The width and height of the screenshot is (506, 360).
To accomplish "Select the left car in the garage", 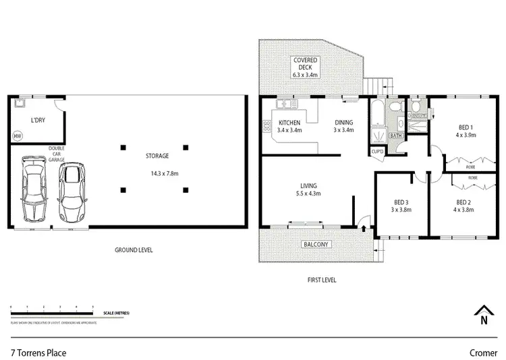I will point(33,189).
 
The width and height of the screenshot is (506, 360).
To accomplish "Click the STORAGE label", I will point(157,156).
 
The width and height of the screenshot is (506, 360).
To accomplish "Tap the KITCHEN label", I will point(290,122).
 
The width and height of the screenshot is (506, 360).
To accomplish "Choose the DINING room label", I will point(343,122).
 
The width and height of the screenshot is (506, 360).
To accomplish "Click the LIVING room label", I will point(310,185).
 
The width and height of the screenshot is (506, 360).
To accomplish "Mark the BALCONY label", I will point(316,244).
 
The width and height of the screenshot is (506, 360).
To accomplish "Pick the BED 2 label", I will point(464,202).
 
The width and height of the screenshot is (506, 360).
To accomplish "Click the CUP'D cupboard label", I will point(378,150).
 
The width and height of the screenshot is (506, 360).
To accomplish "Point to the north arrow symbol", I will point(483,314).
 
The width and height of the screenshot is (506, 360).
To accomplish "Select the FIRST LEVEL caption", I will point(320,280).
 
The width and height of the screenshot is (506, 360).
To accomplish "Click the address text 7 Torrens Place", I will point(38,351).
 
